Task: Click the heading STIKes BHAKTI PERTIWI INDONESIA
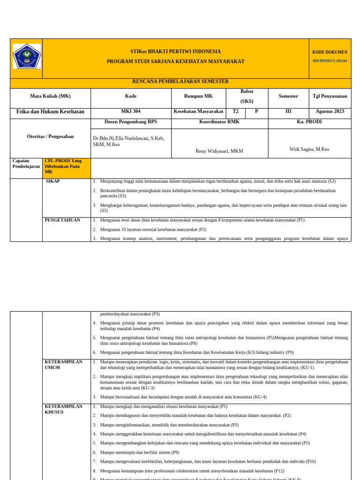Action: click(x=175, y=52)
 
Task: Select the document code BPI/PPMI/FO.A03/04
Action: click(x=330, y=61)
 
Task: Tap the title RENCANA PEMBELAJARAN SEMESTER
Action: click(x=180, y=82)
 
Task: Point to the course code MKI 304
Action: click(x=131, y=112)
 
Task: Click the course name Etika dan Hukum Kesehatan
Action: click(x=50, y=112)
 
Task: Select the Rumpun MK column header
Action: click(x=198, y=96)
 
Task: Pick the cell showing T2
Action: click(x=235, y=112)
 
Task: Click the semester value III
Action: click(x=288, y=112)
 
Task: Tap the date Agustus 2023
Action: click(x=330, y=112)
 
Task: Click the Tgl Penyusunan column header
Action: click(x=330, y=96)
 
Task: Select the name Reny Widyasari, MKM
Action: click(x=219, y=151)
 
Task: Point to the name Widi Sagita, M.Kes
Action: click(x=309, y=149)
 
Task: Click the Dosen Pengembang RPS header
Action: click(x=131, y=122)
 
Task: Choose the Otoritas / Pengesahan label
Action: click(x=50, y=136)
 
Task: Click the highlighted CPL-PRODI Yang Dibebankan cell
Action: click(x=66, y=166)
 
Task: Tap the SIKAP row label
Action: click(x=53, y=181)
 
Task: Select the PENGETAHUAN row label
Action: click(x=62, y=220)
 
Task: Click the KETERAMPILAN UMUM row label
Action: click(x=63, y=365)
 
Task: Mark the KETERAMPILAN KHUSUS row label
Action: click(x=63, y=409)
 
